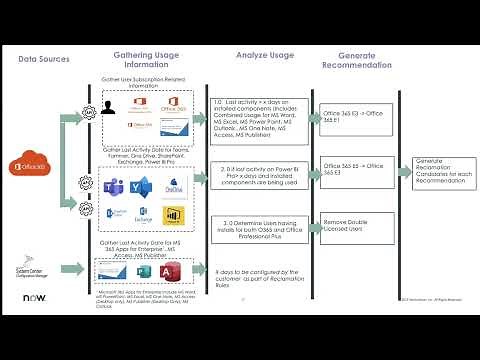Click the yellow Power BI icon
(172, 214)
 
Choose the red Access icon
(175, 271)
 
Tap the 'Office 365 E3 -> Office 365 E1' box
(351, 117)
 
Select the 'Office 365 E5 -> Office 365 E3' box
(351, 168)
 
